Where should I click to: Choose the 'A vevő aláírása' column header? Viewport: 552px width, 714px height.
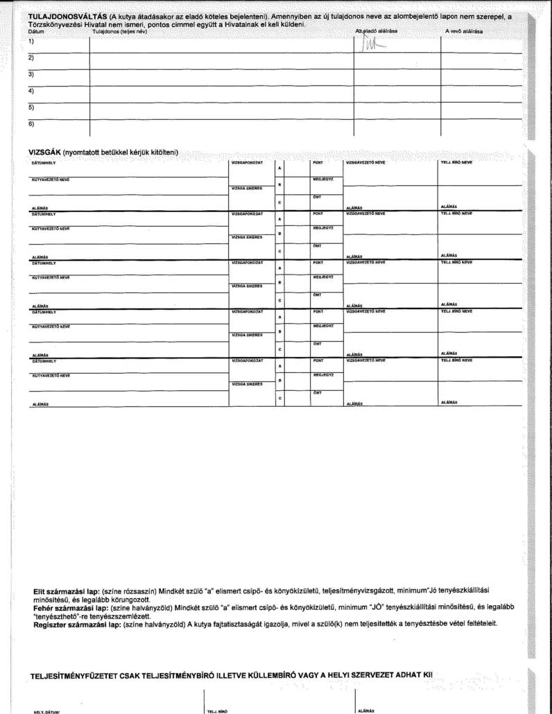465,32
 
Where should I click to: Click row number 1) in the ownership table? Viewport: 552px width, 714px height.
31,41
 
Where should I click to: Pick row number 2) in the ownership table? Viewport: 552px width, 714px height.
31,58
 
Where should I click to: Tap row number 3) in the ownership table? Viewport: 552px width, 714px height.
31,73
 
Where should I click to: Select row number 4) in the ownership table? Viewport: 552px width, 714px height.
31,90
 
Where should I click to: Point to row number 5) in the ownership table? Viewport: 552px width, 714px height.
31,107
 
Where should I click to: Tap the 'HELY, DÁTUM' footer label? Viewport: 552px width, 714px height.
46,711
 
